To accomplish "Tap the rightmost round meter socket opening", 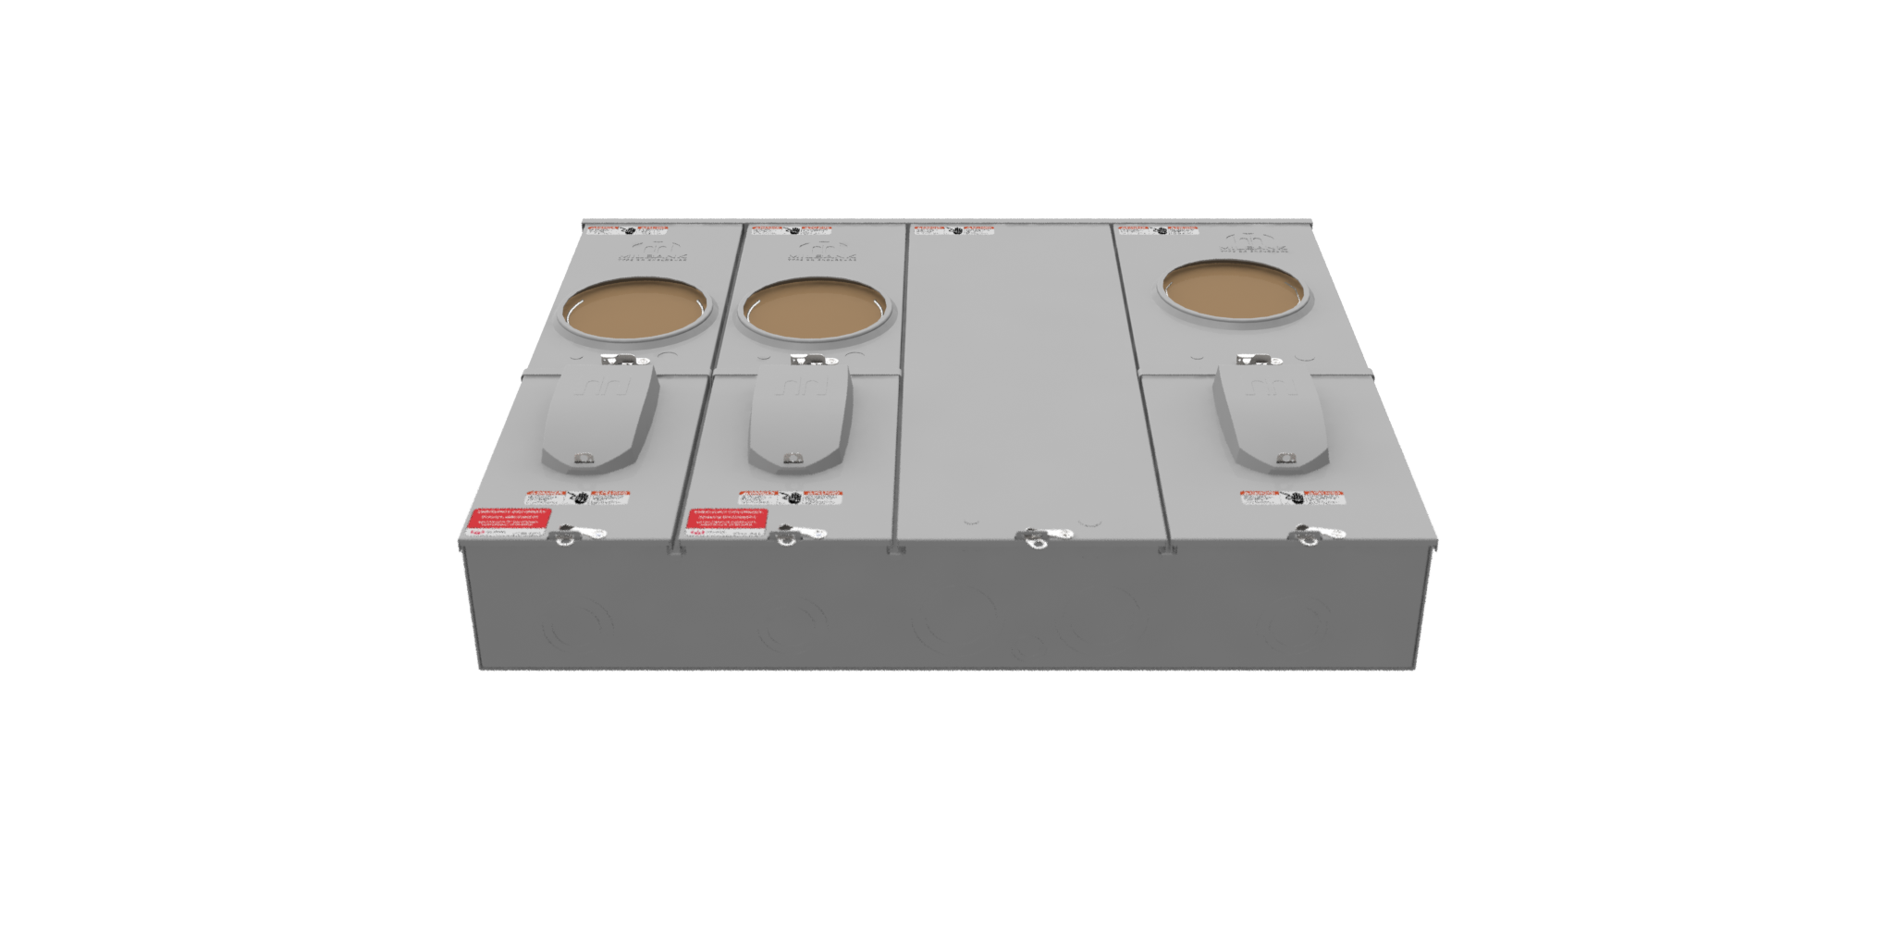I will coord(1234,290).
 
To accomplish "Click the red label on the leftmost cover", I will coord(509,519).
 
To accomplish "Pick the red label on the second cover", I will coord(727,520).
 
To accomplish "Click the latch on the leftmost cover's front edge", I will coord(576,535).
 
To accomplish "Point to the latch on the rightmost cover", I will coord(1314,535).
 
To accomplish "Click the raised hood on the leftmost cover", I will coord(600,414).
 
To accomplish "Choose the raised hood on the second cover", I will coord(799,414).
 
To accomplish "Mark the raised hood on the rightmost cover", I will coord(1272,414).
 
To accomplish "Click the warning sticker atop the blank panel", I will coord(954,229).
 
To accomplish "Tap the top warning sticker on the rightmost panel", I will coord(1158,229).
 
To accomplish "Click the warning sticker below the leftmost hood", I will coord(578,498).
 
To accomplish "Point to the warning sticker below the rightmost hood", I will coord(1292,498).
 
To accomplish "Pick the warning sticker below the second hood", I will coord(791,498).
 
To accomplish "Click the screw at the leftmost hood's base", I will coord(583,458).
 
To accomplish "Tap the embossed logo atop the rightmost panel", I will coord(1255,244).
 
